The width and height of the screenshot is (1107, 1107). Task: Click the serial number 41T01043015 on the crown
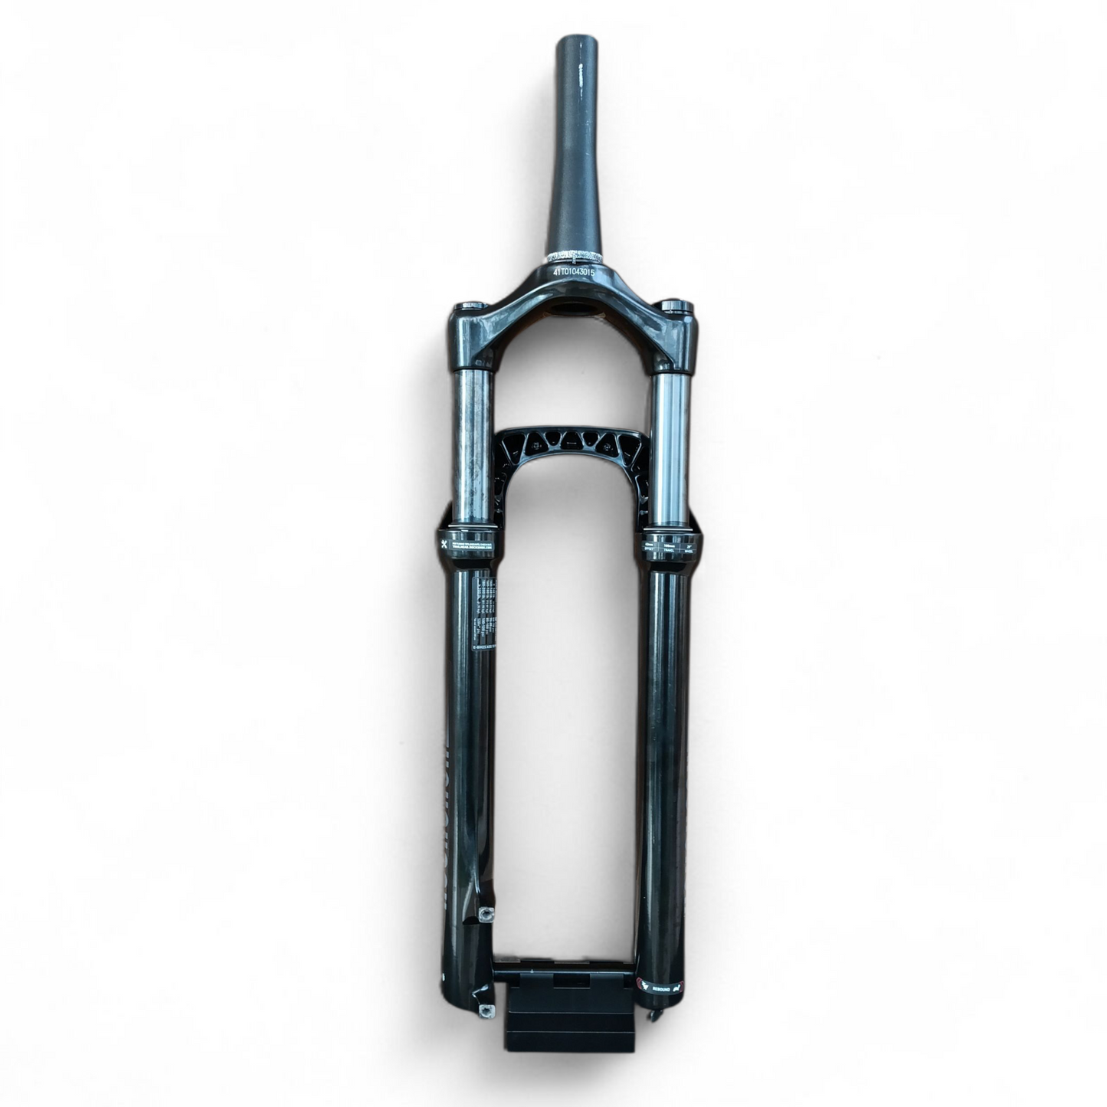(x=574, y=272)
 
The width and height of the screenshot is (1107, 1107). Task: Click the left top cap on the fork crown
(x=470, y=307)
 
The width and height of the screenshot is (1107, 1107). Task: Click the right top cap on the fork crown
(x=676, y=307)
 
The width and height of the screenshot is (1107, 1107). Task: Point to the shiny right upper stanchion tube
(x=672, y=444)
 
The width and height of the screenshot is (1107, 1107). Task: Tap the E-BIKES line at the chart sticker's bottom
(x=483, y=647)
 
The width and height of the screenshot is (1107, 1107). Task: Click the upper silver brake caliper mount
(x=484, y=913)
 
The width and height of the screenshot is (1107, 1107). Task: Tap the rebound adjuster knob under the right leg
(x=652, y=1016)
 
